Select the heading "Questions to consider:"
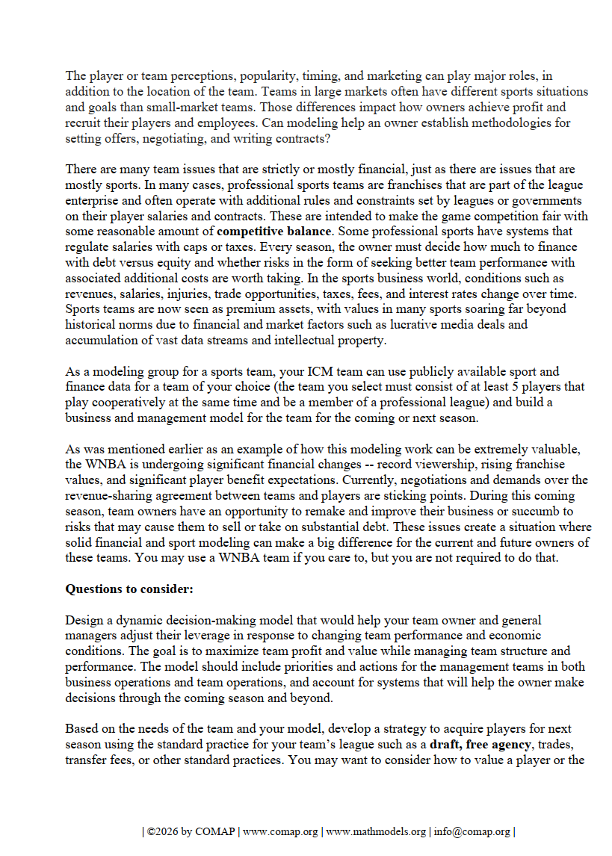click(129, 589)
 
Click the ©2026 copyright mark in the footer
click(161, 831)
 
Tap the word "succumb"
click(554, 511)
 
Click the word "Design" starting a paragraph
click(83, 620)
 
